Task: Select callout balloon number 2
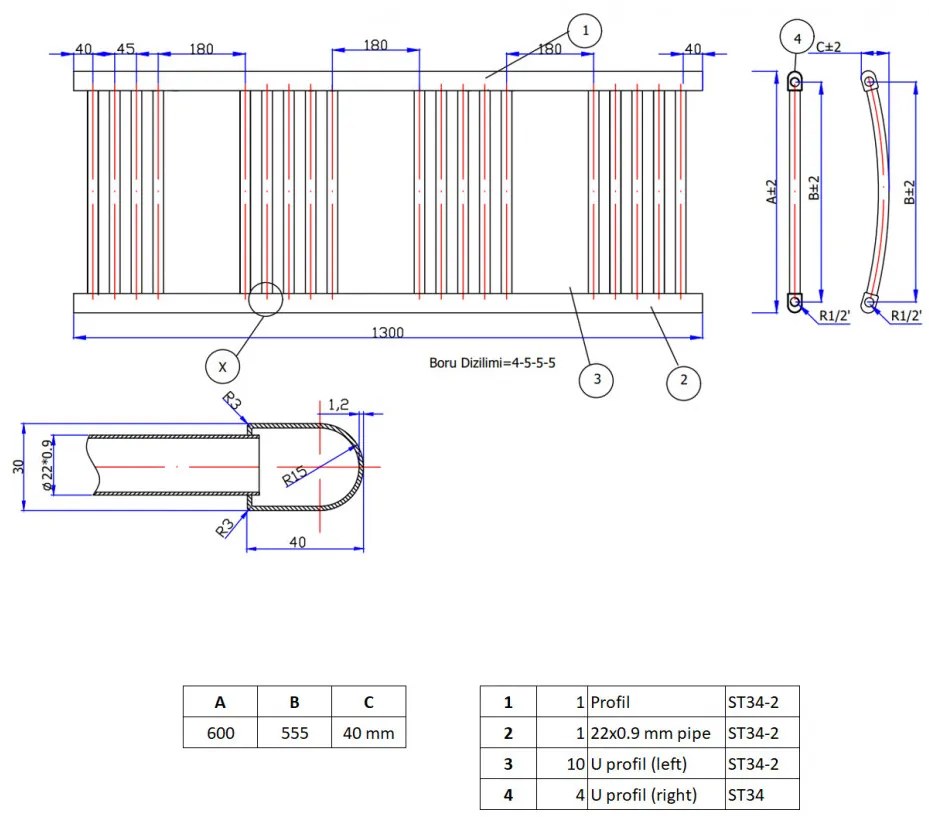[x=683, y=381]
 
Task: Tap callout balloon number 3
[x=596, y=379]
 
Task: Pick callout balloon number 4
[x=797, y=39]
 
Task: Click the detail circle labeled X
[x=222, y=367]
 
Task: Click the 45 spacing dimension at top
[x=125, y=49]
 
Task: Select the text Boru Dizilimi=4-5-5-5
[x=492, y=362]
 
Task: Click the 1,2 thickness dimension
[x=338, y=404]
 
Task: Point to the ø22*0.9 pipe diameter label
[x=45, y=464]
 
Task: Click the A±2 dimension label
[x=772, y=192]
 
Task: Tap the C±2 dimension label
[x=829, y=46]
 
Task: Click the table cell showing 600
[x=220, y=733]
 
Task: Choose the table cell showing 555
[x=294, y=733]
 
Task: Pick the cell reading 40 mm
[x=368, y=733]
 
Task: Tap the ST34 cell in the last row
[x=762, y=795]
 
